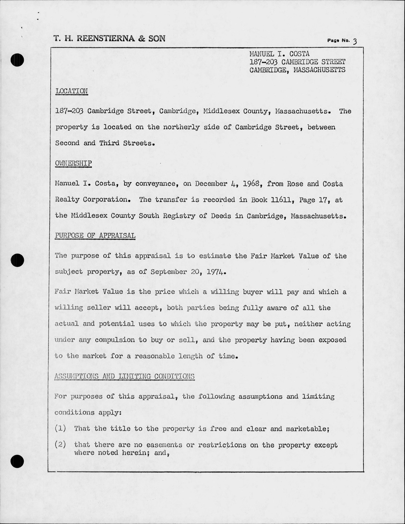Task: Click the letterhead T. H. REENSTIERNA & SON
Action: pyautogui.click(x=110, y=38)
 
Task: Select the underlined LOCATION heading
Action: pyautogui.click(x=72, y=91)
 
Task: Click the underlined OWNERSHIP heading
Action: pyautogui.click(x=73, y=163)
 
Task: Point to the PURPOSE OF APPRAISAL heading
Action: pyautogui.click(x=95, y=235)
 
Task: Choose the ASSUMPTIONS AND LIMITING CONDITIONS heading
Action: pyautogui.click(x=125, y=376)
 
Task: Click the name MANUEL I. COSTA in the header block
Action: pyautogui.click(x=279, y=54)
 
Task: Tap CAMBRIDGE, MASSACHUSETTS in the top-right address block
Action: pyautogui.click(x=297, y=70)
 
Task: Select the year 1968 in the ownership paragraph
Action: pyautogui.click(x=251, y=184)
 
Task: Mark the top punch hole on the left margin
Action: pyautogui.click(x=17, y=60)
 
